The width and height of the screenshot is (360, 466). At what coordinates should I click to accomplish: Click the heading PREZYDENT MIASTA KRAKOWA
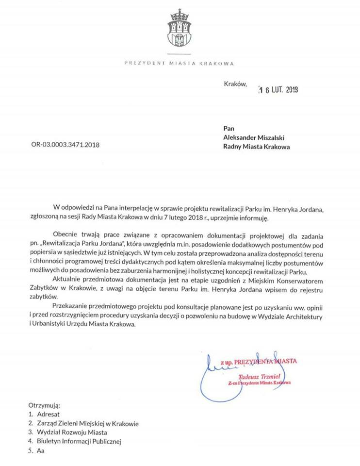180,63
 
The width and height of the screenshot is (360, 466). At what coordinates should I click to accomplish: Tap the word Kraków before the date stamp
235,83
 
